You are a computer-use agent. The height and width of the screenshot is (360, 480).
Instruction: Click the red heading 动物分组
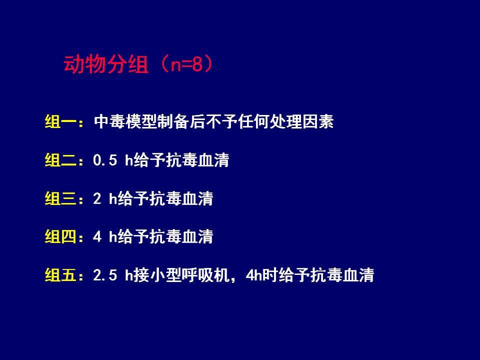(106, 64)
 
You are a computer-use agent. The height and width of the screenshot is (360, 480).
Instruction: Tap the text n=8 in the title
(186, 65)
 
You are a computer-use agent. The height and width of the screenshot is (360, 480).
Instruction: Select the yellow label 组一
(60, 121)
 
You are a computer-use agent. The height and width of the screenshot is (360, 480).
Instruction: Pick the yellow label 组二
(60, 160)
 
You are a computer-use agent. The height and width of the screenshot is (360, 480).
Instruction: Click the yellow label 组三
(60, 198)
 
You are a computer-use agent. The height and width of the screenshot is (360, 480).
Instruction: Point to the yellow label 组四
(60, 236)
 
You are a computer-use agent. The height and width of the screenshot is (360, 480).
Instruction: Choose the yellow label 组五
(60, 275)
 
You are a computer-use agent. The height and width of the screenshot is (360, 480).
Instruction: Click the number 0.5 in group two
(105, 160)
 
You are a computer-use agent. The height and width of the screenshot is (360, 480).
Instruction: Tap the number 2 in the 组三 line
(97, 198)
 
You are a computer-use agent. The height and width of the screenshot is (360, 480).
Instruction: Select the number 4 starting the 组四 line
(97, 236)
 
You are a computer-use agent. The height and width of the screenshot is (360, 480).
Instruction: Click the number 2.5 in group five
(105, 275)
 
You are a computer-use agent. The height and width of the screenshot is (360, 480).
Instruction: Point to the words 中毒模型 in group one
(126, 121)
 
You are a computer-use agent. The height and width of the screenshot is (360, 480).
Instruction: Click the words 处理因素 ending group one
(302, 121)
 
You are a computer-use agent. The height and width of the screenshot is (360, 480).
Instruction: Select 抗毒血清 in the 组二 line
(197, 160)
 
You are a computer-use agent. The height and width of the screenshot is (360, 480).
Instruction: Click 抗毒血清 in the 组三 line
(181, 198)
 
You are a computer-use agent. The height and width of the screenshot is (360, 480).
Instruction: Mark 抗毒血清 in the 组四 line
(181, 236)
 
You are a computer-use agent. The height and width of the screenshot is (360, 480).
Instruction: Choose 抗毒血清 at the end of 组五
(342, 275)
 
